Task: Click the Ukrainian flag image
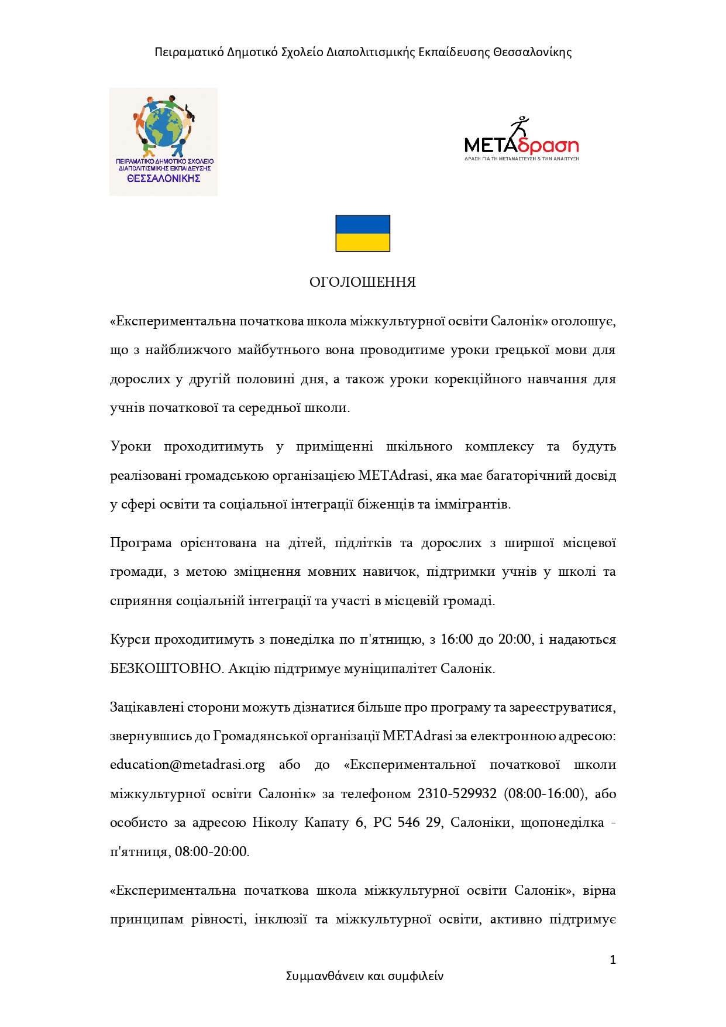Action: coord(363,233)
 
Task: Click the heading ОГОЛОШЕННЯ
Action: coord(363,282)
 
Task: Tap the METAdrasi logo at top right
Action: coord(521,141)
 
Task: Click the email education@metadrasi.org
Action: coord(187,765)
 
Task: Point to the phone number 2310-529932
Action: coord(457,794)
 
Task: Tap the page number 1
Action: coord(613,960)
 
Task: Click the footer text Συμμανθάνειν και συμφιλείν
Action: coord(364,976)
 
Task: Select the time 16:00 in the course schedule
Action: coord(456,640)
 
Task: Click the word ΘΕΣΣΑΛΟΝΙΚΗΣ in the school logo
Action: coord(164,178)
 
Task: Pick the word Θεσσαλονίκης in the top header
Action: coord(532,52)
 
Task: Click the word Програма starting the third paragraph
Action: coord(141,543)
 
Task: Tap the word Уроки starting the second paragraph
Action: coord(130,446)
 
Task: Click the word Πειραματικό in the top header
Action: coord(189,52)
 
